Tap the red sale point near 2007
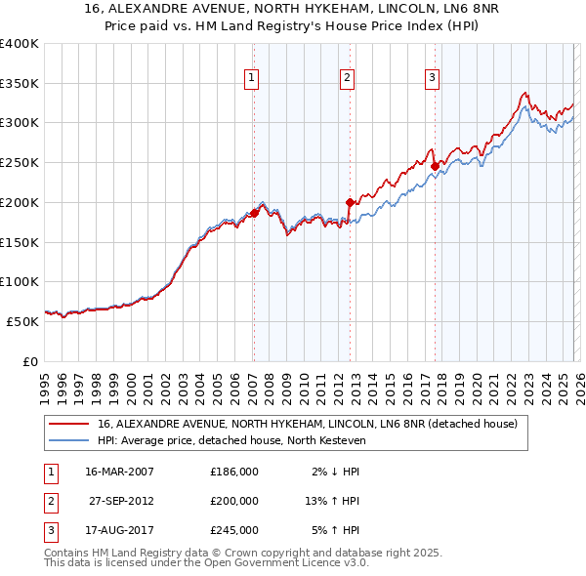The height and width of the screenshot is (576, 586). [x=254, y=212]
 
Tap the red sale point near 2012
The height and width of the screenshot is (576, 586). [x=350, y=202]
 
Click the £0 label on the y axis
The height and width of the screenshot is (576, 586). [x=30, y=360]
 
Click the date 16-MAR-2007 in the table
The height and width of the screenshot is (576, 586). [x=119, y=472]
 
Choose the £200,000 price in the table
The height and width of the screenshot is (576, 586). [x=234, y=501]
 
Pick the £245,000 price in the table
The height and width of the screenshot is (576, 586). [x=234, y=530]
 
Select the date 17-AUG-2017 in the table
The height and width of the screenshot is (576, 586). [x=119, y=530]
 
